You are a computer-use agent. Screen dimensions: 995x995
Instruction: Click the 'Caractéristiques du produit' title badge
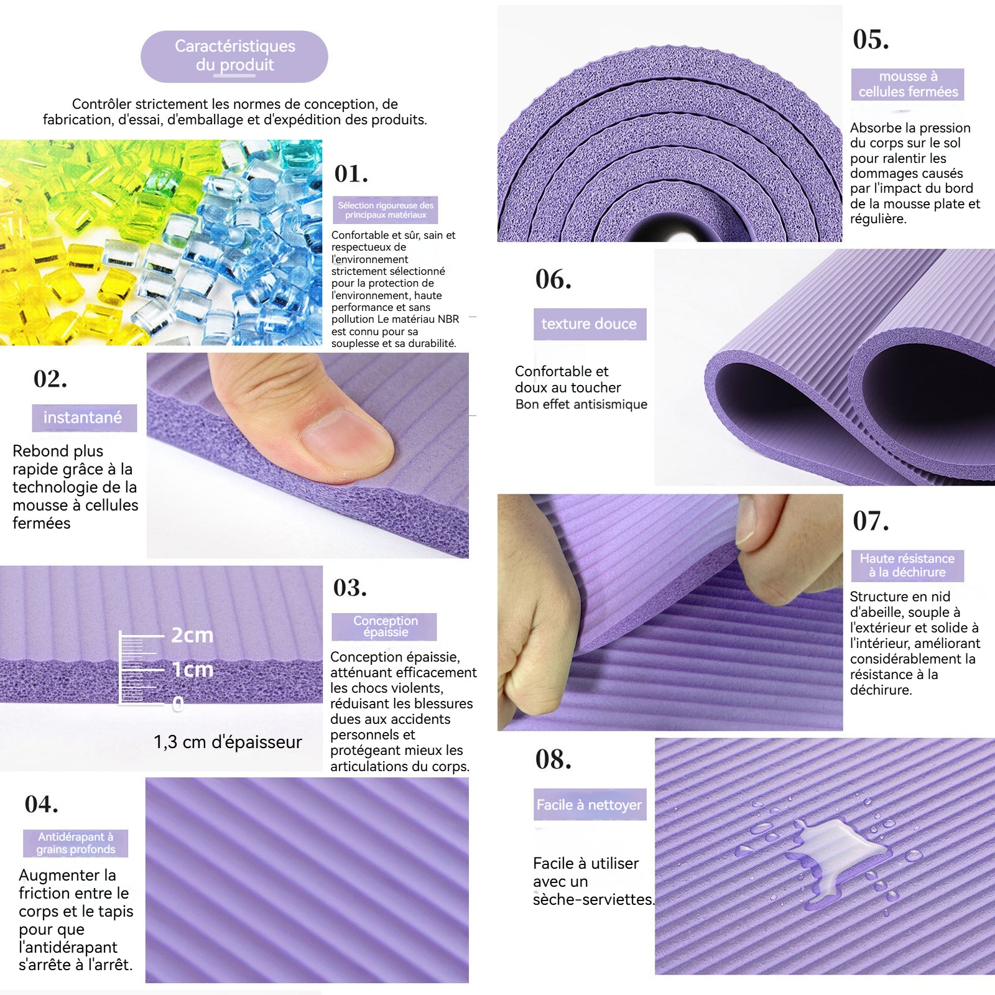pos(234,56)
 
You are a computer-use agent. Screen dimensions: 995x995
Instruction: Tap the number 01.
pos(351,174)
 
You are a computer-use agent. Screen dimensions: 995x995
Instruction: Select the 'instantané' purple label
pos(85,418)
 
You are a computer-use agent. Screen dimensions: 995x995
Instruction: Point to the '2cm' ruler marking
pos(192,635)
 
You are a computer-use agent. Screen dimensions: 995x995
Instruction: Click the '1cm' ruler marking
pos(192,670)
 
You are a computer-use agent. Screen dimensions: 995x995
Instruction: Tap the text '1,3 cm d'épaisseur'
pos(228,742)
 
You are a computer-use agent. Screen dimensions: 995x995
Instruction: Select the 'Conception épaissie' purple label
pos(385,626)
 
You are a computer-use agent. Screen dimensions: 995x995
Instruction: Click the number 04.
pos(42,805)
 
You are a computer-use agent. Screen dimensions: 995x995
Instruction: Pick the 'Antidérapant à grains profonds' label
pos(76,843)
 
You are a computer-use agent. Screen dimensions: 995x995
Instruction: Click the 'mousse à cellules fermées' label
pos(908,84)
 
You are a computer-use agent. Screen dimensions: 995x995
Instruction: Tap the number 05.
pos(871,40)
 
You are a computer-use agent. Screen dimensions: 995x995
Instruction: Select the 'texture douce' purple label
pos(590,324)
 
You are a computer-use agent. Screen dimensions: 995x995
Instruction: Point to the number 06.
pos(553,280)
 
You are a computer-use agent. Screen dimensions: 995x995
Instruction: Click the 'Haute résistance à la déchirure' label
pos(907,565)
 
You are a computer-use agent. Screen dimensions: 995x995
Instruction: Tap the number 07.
pos(871,521)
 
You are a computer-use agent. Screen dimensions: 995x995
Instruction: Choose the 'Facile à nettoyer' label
pos(590,805)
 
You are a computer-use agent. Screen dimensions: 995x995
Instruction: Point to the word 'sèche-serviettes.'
pos(593,899)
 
